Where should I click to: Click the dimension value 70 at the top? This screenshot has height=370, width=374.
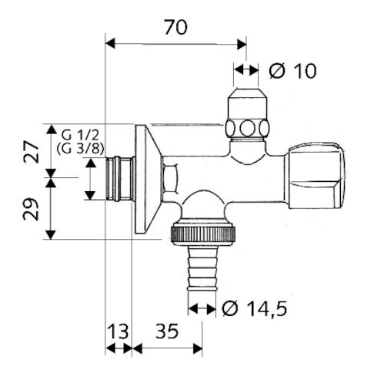coord(175,27)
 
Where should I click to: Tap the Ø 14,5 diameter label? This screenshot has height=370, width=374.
coord(254,309)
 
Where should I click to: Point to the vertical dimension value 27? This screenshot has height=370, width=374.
coord(30,151)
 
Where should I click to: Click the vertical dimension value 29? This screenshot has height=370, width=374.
coord(30,208)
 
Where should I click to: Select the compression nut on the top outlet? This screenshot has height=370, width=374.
coord(249,126)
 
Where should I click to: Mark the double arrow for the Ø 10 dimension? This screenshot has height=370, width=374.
coord(247,70)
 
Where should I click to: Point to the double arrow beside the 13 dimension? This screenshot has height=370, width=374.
coord(118,348)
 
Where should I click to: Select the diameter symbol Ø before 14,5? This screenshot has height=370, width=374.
coord(230,309)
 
